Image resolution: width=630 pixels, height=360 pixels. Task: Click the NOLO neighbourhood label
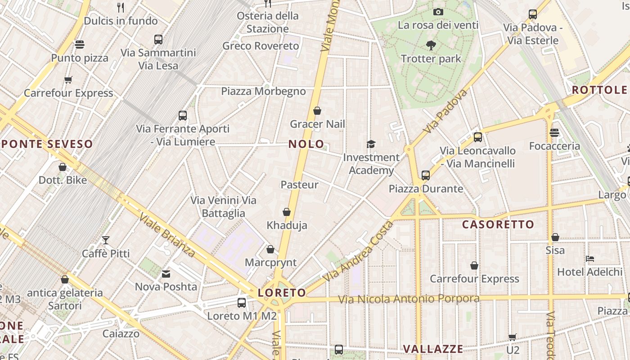(x=306, y=144)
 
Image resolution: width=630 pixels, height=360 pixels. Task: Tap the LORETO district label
(x=282, y=293)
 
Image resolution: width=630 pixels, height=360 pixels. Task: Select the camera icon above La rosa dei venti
(x=438, y=12)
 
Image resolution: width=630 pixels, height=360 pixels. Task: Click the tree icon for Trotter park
(x=431, y=45)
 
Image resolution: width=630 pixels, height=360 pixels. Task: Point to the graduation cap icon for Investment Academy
(x=371, y=144)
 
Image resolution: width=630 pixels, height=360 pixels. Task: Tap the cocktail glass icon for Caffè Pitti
(x=106, y=240)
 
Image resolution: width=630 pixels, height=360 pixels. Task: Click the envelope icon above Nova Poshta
(x=166, y=274)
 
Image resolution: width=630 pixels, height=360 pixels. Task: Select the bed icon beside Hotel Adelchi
(x=590, y=259)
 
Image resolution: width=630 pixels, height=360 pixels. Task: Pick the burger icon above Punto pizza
(x=80, y=45)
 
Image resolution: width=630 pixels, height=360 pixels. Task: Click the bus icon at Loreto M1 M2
(x=242, y=302)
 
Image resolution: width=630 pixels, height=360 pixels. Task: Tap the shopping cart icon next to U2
(x=512, y=337)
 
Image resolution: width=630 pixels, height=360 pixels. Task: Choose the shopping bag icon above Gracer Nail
(x=317, y=111)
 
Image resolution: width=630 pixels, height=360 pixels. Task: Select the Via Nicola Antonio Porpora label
(x=409, y=299)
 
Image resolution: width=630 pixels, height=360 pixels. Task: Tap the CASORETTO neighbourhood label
(x=498, y=224)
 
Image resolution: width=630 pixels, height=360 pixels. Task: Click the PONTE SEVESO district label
(x=47, y=144)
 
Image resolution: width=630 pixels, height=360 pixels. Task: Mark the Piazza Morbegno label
(x=263, y=91)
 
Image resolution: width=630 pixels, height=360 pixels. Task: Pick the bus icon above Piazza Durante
(x=426, y=175)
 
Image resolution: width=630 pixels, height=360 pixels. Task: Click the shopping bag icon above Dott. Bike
(x=63, y=167)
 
